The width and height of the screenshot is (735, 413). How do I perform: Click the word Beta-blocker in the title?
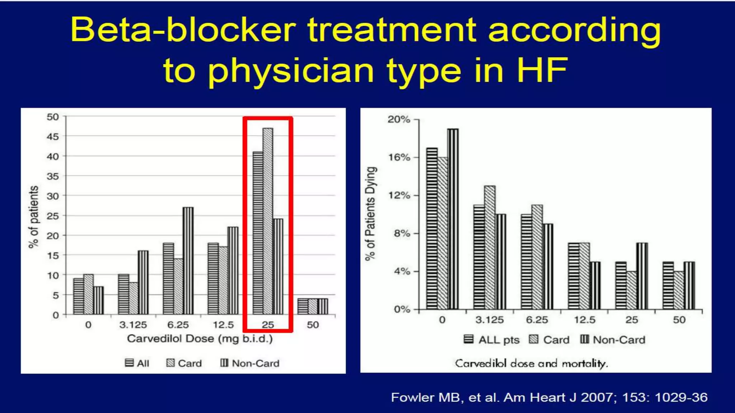(183, 30)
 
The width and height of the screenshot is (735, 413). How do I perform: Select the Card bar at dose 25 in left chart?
(268, 221)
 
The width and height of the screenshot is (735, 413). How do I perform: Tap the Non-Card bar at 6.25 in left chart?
(188, 261)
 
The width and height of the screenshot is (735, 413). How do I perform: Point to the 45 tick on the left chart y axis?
(52, 137)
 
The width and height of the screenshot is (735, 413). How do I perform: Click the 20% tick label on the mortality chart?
(399, 119)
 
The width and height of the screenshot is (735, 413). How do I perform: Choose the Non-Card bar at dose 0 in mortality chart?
(453, 219)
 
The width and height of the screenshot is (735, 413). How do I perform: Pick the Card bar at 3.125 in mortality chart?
(490, 247)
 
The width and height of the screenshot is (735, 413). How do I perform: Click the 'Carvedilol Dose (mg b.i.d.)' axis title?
(200, 339)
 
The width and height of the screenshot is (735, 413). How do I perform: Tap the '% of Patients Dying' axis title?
(371, 213)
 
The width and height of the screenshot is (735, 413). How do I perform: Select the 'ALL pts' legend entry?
(492, 340)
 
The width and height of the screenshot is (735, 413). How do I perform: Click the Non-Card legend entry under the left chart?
(250, 363)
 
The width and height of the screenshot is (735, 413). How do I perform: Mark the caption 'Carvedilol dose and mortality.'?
(532, 364)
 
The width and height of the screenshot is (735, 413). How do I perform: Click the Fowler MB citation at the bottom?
(549, 397)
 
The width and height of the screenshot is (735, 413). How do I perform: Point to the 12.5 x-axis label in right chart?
(585, 320)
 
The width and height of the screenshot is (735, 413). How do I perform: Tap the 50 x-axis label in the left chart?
(313, 325)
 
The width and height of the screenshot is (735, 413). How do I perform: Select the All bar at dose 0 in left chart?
(78, 296)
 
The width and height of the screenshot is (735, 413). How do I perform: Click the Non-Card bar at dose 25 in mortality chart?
(642, 276)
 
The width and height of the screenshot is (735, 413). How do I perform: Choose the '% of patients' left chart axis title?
(33, 217)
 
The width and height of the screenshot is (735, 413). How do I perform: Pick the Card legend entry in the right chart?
(549, 340)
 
